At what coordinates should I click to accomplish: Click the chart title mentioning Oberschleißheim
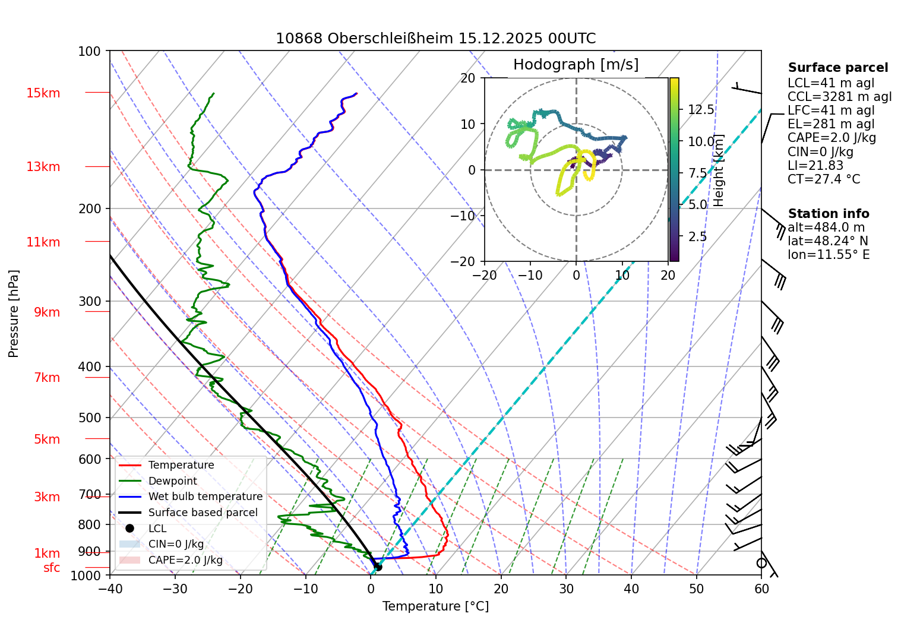click(x=435, y=39)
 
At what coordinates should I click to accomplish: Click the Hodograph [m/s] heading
click(x=576, y=65)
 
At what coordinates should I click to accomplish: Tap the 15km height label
click(x=43, y=93)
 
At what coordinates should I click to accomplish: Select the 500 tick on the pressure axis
click(x=90, y=418)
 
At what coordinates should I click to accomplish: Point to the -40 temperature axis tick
click(x=110, y=589)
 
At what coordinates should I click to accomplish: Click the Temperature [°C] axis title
click(x=435, y=606)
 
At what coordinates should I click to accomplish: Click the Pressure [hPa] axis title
click(x=14, y=314)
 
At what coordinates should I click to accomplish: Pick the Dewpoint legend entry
click(x=172, y=481)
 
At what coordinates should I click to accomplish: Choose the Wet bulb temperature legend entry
click(x=205, y=497)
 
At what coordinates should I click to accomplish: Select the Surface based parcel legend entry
click(x=203, y=513)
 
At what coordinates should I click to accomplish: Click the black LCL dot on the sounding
click(x=378, y=567)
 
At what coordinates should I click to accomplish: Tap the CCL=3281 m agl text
click(x=839, y=97)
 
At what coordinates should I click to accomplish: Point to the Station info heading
click(x=828, y=214)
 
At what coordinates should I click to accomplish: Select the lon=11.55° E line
click(x=828, y=255)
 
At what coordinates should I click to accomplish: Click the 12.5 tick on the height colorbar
click(x=701, y=110)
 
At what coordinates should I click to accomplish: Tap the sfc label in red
click(x=52, y=568)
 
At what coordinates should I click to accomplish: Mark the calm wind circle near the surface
click(x=761, y=563)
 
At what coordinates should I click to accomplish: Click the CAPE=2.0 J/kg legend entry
click(x=185, y=560)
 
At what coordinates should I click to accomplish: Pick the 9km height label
click(x=47, y=312)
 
